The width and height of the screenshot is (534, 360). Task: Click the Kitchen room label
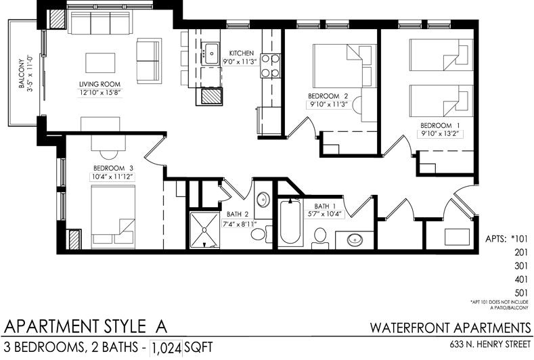click(x=242, y=53)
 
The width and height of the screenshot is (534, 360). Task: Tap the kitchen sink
click(x=210, y=53)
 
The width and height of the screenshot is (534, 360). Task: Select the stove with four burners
click(x=271, y=66)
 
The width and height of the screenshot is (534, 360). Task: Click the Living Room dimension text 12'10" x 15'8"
click(x=99, y=92)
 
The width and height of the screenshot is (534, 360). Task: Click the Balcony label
click(x=22, y=74)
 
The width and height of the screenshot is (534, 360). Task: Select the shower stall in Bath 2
click(x=204, y=230)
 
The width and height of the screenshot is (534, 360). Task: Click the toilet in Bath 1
click(x=320, y=238)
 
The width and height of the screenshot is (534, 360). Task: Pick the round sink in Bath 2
click(x=263, y=200)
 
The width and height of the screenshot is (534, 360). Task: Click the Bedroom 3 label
click(x=113, y=168)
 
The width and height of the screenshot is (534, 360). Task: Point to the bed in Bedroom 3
click(x=113, y=217)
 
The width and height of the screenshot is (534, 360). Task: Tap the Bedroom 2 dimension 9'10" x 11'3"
click(x=328, y=105)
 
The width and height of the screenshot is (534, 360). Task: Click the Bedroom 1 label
click(x=441, y=125)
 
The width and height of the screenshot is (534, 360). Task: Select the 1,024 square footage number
click(x=166, y=348)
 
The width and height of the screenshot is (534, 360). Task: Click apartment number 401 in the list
click(x=521, y=279)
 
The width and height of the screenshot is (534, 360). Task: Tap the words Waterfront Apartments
click(x=450, y=328)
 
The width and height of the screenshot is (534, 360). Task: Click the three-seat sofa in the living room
click(x=100, y=22)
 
